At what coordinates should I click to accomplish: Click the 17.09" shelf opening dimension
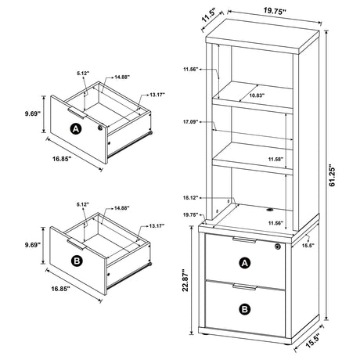tap(189, 121)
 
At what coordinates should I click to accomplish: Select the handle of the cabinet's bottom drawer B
tap(243, 288)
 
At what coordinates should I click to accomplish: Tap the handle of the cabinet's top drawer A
tap(243, 239)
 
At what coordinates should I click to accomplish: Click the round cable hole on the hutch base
tap(269, 210)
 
